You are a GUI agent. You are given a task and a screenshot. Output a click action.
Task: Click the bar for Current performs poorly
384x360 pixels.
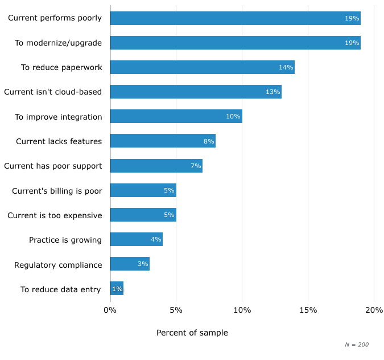click(235, 18)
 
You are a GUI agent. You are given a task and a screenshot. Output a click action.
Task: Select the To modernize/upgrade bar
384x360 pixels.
click(235, 43)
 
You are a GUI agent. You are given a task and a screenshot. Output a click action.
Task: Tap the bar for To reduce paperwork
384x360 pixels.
click(202, 67)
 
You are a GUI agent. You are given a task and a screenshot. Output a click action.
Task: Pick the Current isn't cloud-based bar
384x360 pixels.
click(196, 92)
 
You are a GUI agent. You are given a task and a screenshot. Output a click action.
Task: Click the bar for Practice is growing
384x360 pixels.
click(136, 239)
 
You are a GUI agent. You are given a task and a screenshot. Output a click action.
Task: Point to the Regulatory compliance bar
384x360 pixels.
click(130, 264)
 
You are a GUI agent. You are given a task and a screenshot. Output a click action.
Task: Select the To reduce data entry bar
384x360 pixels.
click(117, 288)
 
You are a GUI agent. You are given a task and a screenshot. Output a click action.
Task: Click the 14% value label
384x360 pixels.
click(286, 68)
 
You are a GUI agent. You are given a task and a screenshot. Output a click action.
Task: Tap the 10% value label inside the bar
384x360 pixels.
click(233, 117)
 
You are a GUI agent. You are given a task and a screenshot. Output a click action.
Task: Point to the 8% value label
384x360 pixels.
click(209, 141)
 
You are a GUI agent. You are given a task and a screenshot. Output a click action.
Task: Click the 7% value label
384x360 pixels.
click(196, 166)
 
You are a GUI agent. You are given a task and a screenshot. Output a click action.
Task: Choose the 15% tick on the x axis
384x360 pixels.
click(308, 310)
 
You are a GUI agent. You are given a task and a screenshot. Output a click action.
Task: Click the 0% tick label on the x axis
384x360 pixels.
click(110, 310)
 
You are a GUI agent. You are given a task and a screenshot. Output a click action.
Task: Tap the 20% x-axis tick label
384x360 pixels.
click(374, 310)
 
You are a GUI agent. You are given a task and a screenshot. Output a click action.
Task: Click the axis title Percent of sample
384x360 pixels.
click(192, 333)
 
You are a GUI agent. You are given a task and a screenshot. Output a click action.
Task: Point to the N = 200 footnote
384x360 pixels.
click(356, 345)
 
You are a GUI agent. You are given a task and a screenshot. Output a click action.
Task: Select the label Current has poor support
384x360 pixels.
click(53, 166)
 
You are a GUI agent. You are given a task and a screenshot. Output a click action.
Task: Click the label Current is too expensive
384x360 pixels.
click(55, 215)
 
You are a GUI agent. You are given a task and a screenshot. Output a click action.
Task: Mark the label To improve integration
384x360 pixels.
click(58, 117)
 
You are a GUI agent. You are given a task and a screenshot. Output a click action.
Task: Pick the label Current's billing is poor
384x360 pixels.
click(57, 191)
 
